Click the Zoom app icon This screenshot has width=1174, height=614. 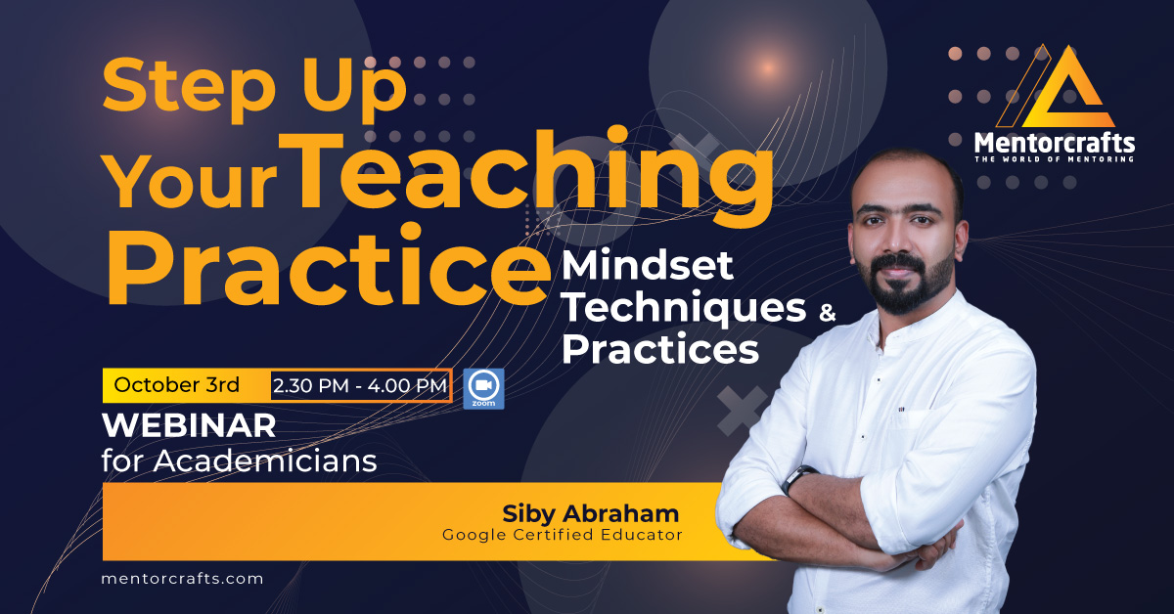(x=483, y=389)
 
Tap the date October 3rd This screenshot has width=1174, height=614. (x=177, y=385)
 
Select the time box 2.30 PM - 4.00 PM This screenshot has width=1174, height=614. (x=361, y=386)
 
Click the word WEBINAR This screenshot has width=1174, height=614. (x=189, y=425)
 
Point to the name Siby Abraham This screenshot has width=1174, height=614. (x=591, y=514)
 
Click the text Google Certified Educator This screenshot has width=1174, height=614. (x=563, y=535)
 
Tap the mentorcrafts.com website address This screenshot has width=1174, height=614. (x=182, y=579)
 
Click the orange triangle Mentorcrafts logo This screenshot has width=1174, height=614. (x=1055, y=86)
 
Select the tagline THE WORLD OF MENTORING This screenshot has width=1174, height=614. (x=1055, y=158)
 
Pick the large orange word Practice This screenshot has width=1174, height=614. (x=329, y=266)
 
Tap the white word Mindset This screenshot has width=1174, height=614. (x=648, y=265)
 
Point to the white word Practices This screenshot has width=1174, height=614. (x=660, y=348)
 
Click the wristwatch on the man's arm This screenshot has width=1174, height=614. (x=797, y=478)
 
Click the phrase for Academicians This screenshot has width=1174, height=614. (x=239, y=461)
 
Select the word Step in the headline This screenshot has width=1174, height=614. (x=189, y=87)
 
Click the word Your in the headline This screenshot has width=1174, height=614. (x=191, y=182)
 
